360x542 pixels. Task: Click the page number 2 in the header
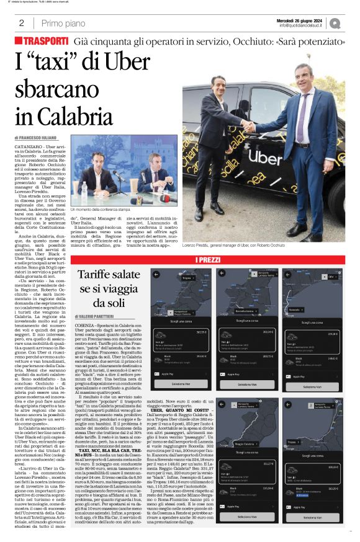[20, 23]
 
